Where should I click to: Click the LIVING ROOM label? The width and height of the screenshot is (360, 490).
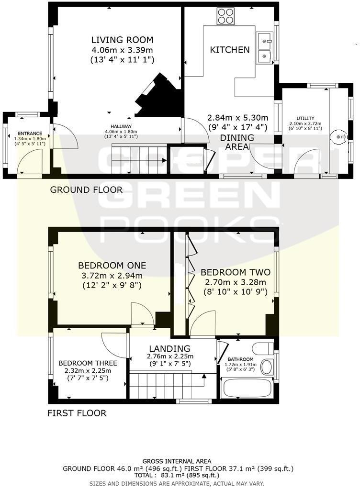click(x=122, y=40)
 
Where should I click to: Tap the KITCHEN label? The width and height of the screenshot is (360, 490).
click(x=230, y=50)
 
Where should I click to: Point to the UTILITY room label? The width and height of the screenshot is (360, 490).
click(x=305, y=118)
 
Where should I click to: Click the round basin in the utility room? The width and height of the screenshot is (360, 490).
click(x=339, y=137)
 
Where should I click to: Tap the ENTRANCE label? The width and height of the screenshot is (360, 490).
click(x=30, y=134)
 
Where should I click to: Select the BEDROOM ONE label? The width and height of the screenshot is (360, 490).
click(x=112, y=266)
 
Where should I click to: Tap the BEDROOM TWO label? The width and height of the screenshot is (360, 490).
click(x=236, y=272)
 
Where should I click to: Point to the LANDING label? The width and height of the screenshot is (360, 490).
click(x=169, y=349)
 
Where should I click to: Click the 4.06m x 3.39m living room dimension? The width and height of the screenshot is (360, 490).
click(x=122, y=50)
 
